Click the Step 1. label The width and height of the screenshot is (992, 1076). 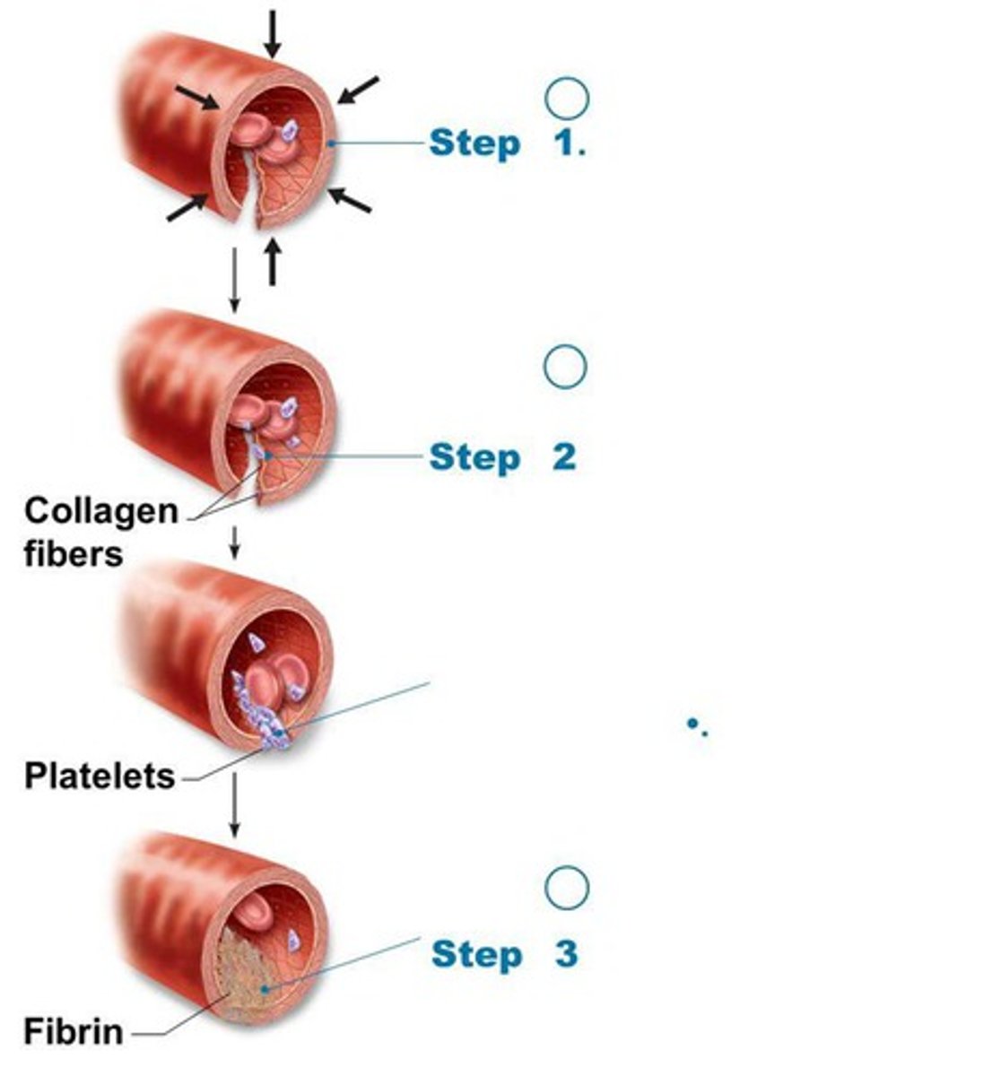[507, 143]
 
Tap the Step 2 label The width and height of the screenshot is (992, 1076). [501, 457]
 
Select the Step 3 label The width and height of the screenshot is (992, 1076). [503, 953]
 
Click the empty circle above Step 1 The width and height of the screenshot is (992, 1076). [567, 98]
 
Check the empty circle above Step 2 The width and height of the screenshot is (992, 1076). [566, 366]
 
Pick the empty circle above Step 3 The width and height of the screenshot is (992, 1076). [567, 888]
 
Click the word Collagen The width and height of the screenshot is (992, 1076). [100, 511]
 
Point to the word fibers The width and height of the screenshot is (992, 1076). [73, 553]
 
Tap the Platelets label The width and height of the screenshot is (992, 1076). [99, 776]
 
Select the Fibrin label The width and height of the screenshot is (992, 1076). [73, 1031]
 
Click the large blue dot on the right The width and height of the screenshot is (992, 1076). [692, 723]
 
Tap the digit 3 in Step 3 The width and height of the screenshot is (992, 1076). [566, 953]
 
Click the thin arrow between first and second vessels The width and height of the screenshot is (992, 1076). [234, 280]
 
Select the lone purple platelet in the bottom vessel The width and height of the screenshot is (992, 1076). [292, 941]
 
